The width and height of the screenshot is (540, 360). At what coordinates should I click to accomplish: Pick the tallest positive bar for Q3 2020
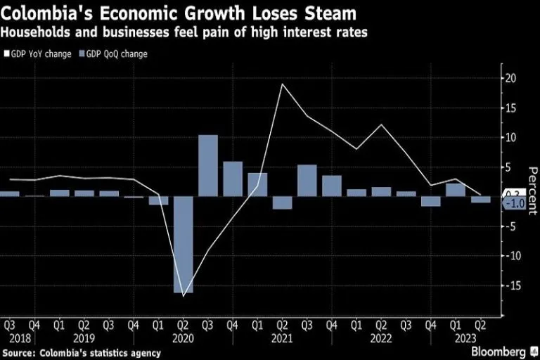pyautogui.click(x=207, y=165)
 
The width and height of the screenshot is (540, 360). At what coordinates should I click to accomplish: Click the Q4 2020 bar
pyautogui.click(x=233, y=179)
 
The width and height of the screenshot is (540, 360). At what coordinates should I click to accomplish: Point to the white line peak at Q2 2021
pyautogui.click(x=282, y=84)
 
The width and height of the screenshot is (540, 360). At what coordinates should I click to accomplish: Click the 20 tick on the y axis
pyautogui.click(x=511, y=78)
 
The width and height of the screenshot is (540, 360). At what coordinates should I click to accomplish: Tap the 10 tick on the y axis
pyautogui.click(x=511, y=137)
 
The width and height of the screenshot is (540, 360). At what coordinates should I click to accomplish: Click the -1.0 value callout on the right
pyautogui.click(x=517, y=203)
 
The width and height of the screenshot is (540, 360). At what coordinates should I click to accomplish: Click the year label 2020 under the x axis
pyautogui.click(x=183, y=337)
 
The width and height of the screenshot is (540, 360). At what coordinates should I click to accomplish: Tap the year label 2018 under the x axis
pyautogui.click(x=20, y=337)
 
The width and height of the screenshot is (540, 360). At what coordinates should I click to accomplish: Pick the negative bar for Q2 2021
pyautogui.click(x=282, y=202)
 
